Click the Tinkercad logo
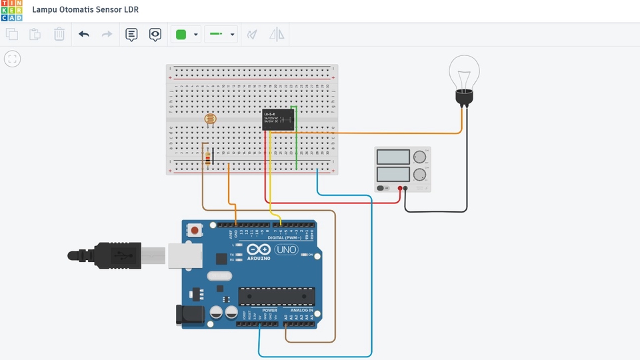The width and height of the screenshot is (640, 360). coord(12,11)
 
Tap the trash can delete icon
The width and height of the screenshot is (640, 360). coord(59,34)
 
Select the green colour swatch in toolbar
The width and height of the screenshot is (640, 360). coord(180,35)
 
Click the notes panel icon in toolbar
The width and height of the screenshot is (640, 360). coord(131,35)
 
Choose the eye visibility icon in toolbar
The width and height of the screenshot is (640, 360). coord(155,35)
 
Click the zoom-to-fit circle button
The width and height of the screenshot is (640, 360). coord(12,59)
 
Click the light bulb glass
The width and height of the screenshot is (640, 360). coord(463,71)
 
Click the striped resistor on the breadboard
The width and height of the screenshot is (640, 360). coord(210,159)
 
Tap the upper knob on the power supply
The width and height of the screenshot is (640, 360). coord(419,157)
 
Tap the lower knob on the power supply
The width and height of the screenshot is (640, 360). coord(419,175)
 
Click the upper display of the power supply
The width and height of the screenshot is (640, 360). coord(393,157)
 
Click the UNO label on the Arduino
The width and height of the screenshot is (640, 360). coord(287,250)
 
